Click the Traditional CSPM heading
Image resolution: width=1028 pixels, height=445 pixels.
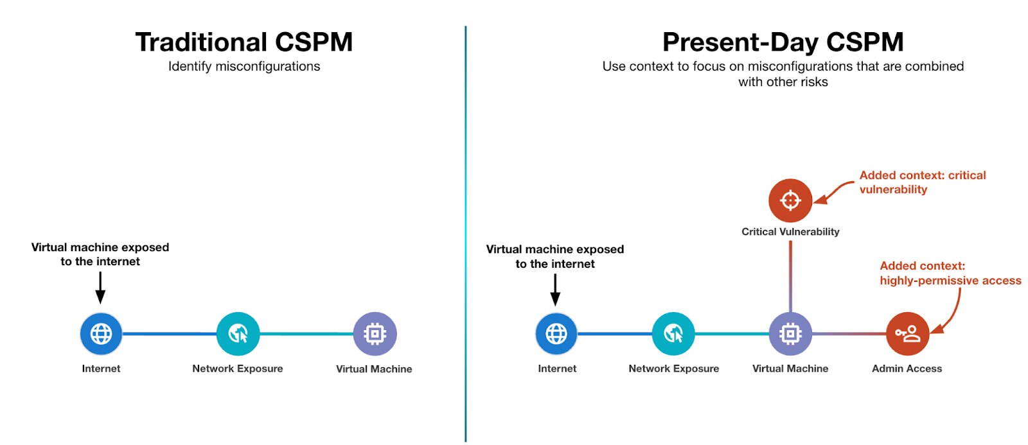pos(244,42)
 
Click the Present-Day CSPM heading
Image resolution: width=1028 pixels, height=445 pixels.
pos(783,42)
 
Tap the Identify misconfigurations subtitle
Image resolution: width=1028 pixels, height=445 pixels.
pos(244,66)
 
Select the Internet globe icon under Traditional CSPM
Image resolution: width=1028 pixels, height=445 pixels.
pos(101,334)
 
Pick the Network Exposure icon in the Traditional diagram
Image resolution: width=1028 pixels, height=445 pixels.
pos(238,334)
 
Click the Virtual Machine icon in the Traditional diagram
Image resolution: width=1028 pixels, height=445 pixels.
pos(375,334)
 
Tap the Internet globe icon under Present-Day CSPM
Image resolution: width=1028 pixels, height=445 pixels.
pos(556,334)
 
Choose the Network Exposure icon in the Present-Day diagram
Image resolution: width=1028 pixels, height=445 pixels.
pos(673,334)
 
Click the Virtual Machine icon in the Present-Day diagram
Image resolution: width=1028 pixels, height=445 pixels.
pos(790,334)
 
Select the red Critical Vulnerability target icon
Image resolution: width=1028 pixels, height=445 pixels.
pos(790,200)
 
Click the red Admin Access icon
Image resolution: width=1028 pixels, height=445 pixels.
pos(907,334)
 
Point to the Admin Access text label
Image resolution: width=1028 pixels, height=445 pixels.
pos(907,369)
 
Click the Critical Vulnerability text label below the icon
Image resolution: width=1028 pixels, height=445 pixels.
pos(790,232)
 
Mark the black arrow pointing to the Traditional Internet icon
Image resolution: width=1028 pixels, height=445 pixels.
pos(100,287)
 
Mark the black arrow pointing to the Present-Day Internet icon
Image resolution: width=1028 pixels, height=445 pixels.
pos(555,290)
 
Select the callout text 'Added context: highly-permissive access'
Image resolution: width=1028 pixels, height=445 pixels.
pos(950,273)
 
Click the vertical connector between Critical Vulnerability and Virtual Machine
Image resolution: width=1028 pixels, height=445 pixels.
pos(790,276)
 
